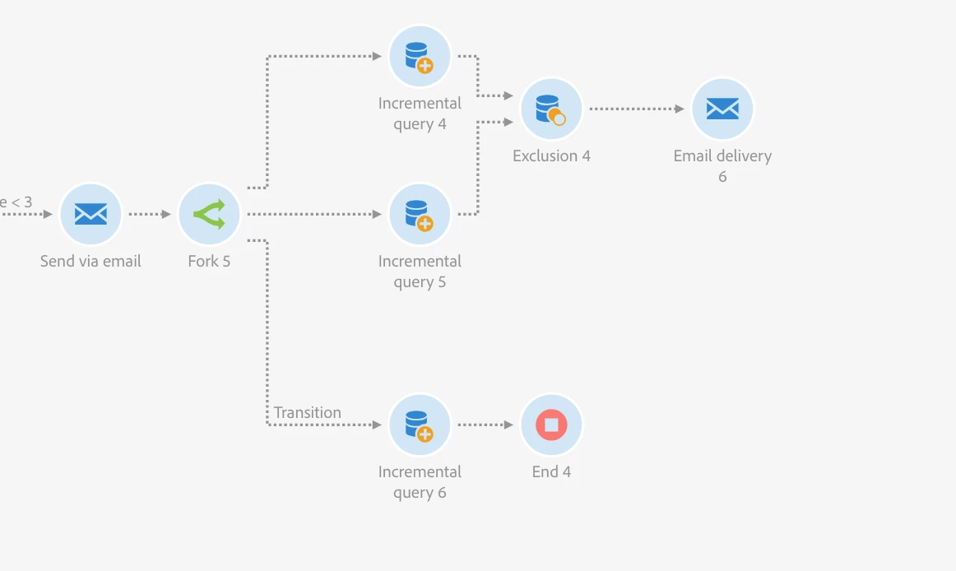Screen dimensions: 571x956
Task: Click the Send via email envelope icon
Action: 90,214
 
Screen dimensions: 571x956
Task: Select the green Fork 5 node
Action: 209,214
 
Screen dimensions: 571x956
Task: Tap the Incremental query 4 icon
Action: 420,56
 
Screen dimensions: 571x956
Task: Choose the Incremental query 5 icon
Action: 420,214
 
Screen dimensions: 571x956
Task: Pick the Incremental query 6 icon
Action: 420,425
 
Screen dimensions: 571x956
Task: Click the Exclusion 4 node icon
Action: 551,109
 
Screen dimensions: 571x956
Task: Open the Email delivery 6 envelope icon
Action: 722,109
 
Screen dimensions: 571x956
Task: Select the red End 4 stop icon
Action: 551,425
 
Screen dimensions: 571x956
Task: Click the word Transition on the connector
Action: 308,412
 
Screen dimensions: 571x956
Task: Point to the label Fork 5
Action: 209,262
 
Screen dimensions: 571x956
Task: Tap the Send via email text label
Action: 90,262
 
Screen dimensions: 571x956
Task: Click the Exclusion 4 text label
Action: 551,156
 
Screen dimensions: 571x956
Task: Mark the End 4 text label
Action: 551,472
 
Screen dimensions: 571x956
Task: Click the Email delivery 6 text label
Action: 722,165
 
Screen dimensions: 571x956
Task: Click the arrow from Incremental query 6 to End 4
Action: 485,425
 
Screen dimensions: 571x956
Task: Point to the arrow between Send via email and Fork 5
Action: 150,214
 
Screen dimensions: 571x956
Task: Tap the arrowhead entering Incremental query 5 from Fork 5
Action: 377,214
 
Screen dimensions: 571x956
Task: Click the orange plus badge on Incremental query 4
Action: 425,66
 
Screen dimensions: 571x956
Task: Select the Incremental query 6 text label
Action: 420,482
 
